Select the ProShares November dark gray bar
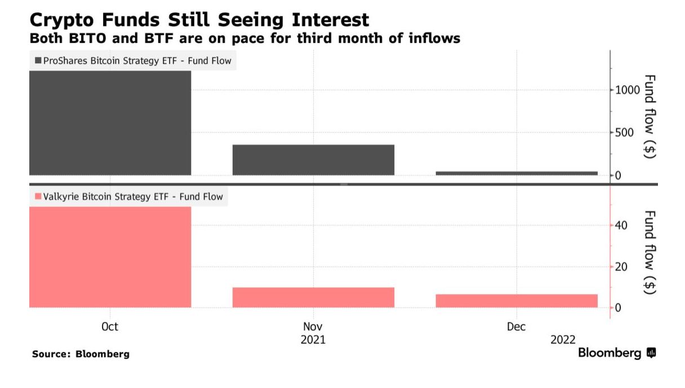click(313, 160)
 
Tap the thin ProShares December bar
click(517, 173)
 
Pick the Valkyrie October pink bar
click(110, 257)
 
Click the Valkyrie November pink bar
click(313, 297)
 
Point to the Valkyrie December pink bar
click(517, 301)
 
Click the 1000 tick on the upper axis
click(628, 90)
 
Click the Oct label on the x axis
click(110, 327)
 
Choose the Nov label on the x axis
click(313, 327)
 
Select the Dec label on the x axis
click(517, 327)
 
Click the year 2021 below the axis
click(313, 340)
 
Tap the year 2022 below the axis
click(563, 340)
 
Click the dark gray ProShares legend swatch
click(38, 61)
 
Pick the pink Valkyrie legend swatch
click(38, 197)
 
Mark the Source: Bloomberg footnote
click(81, 354)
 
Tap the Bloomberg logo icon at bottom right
click(651, 354)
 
